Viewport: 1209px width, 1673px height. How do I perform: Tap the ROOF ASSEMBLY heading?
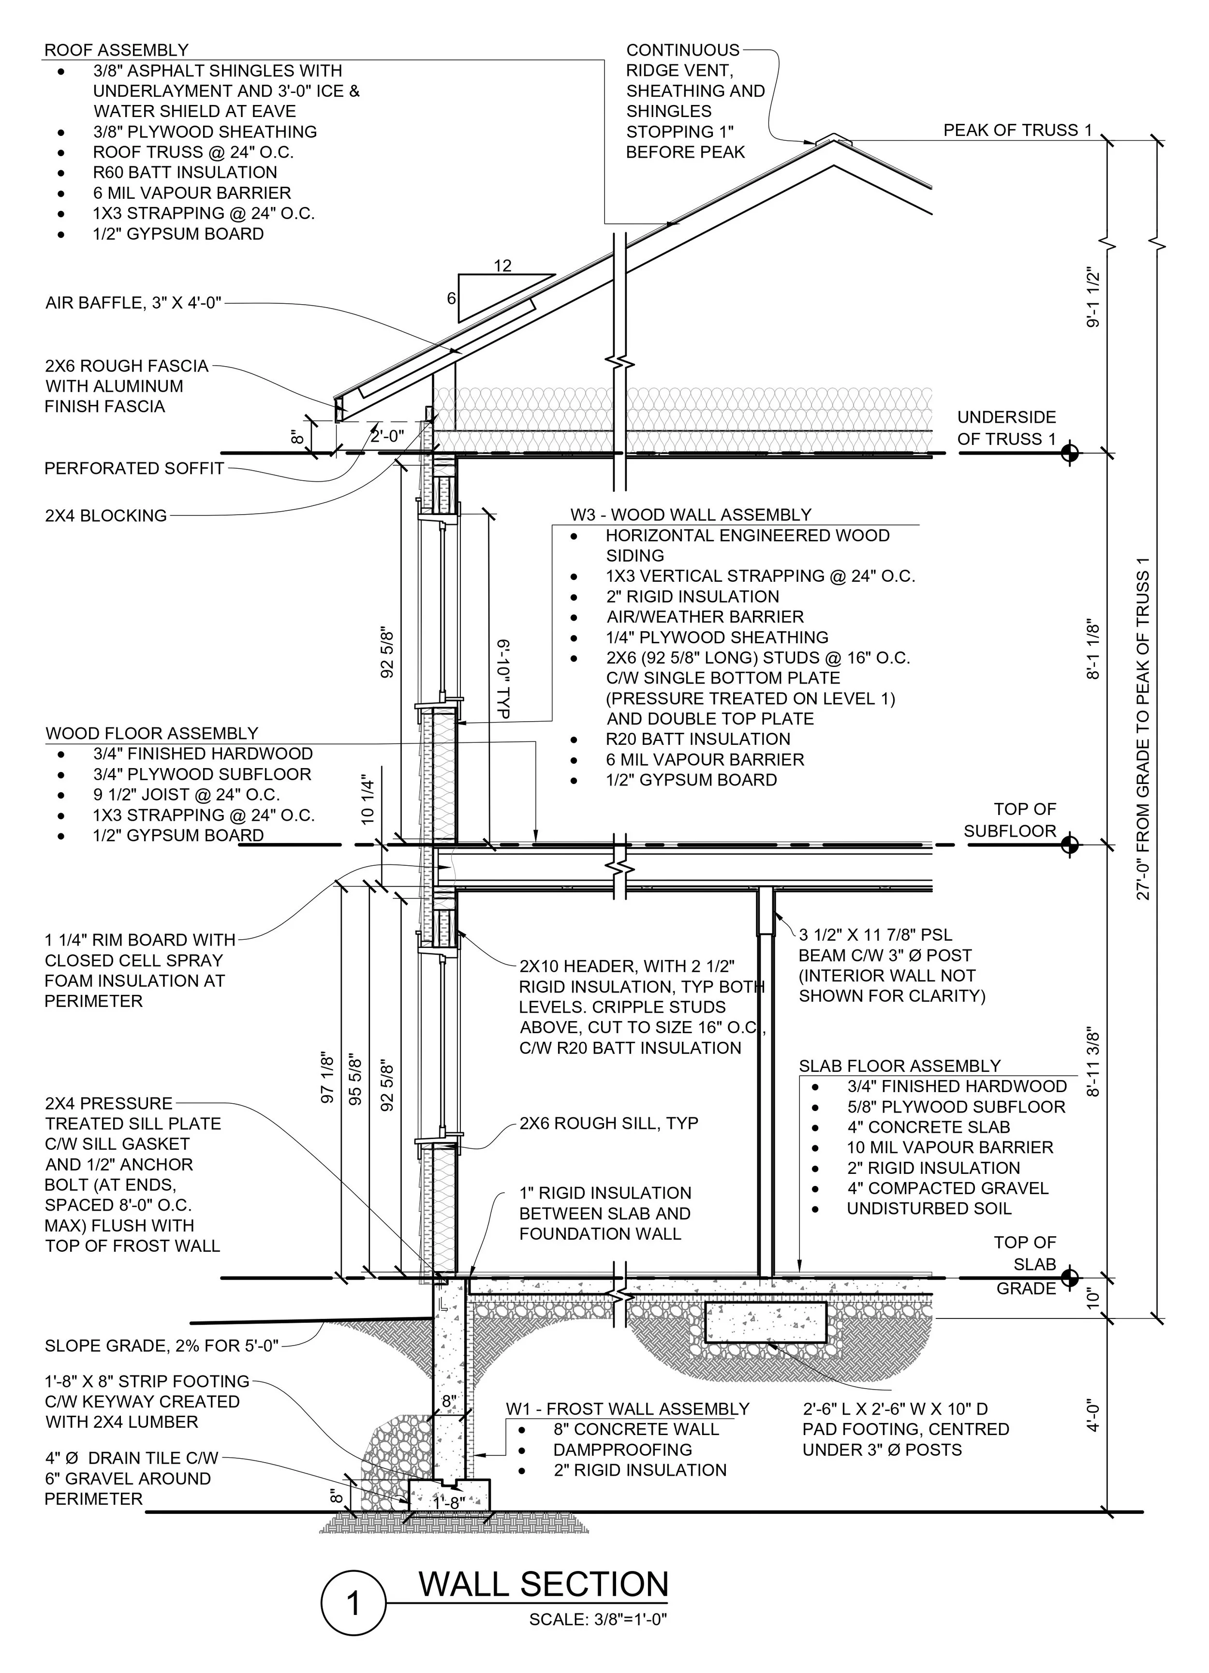pos(117,50)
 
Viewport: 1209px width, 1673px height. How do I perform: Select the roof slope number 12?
pos(502,266)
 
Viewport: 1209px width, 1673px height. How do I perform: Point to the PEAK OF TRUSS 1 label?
pos(1017,131)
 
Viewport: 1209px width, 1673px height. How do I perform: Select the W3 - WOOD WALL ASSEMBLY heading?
pos(691,515)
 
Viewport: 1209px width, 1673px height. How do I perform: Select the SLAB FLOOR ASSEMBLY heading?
pos(899,1066)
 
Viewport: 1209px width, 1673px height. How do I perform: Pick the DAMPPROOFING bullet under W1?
pos(622,1450)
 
